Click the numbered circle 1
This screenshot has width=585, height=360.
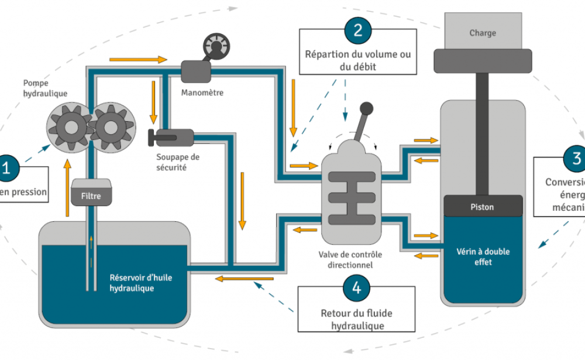click(6, 169)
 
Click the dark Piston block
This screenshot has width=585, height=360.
click(483, 206)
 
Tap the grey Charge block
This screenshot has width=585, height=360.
click(483, 33)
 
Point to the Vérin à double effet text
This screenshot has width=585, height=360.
click(483, 256)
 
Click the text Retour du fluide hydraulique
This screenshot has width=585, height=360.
click(357, 319)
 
